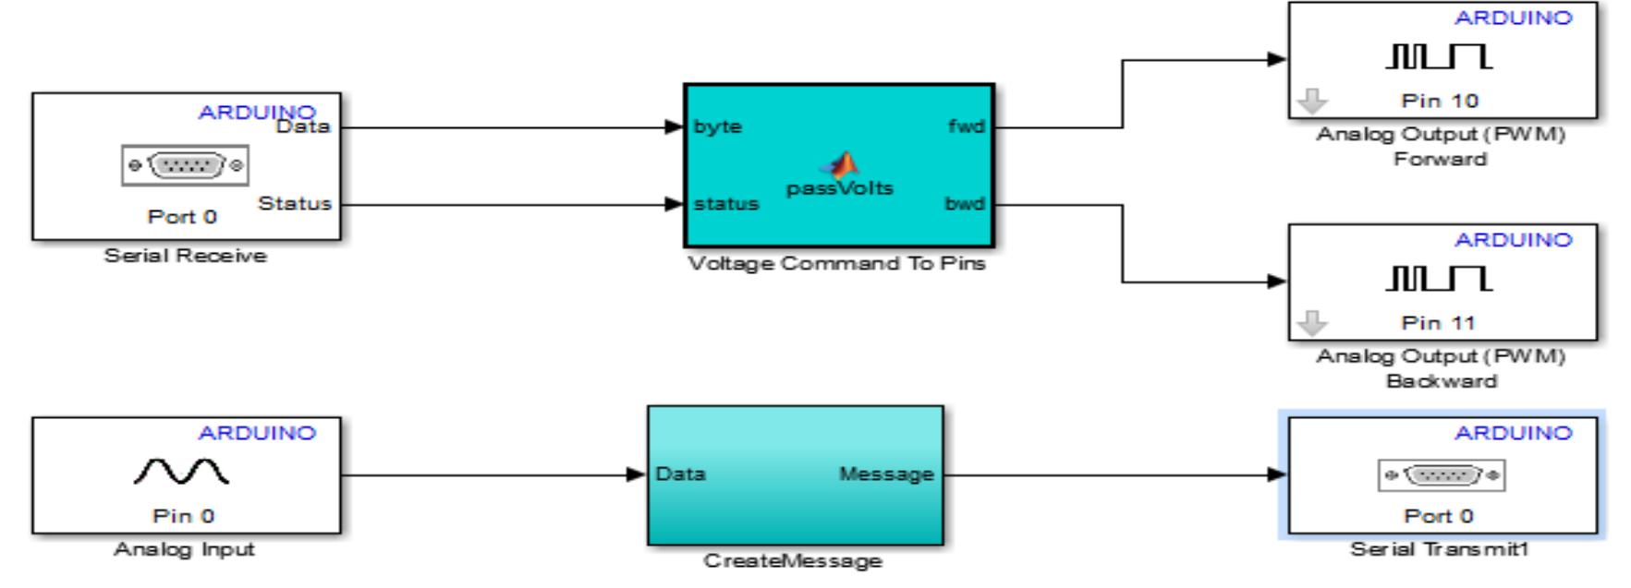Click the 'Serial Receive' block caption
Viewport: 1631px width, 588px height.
185,256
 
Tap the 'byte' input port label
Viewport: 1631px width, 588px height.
718,126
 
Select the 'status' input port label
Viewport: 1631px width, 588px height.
726,204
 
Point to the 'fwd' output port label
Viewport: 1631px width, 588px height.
966,126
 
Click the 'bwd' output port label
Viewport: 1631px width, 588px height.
965,204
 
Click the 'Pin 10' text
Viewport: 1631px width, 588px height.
1440,101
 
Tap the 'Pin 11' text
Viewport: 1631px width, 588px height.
1440,323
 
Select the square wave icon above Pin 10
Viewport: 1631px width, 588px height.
1439,56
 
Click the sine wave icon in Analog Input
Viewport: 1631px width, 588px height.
182,473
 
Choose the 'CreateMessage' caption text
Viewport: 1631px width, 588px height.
793,560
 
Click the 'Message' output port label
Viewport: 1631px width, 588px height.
886,474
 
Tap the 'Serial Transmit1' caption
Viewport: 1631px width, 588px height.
1440,549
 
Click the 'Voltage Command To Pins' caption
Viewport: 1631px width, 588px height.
837,264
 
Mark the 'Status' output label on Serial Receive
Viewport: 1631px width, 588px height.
295,203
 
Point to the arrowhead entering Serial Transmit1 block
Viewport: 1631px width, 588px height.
1278,474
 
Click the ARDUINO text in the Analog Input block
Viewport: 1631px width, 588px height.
257,433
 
